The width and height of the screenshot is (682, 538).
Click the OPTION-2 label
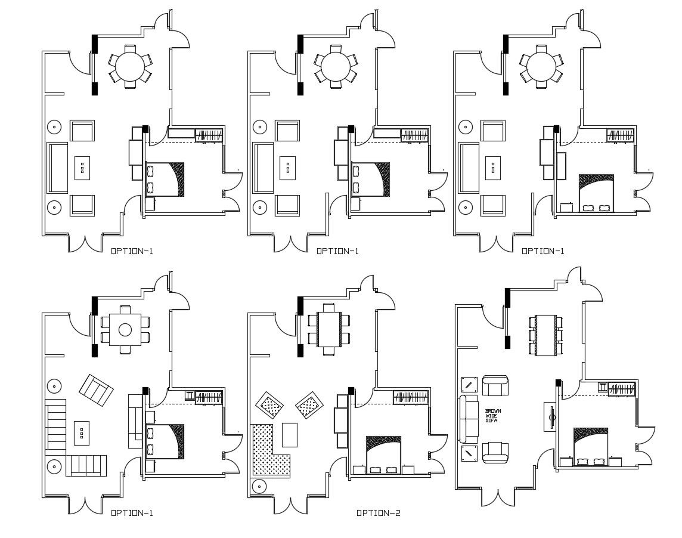pyautogui.click(x=378, y=513)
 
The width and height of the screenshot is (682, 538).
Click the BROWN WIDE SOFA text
pyautogui.click(x=493, y=416)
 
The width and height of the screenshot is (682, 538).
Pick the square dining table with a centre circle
pyautogui.click(x=125, y=329)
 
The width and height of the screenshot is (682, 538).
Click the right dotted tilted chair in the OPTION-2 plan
pyautogui.click(x=309, y=406)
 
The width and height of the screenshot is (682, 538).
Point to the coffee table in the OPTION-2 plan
pyautogui.click(x=290, y=434)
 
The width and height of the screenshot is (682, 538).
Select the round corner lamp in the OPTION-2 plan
pyautogui.click(x=260, y=486)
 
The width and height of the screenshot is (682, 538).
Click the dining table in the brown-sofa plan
pyautogui.click(x=545, y=335)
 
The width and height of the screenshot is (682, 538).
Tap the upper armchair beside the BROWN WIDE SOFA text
pyautogui.click(x=495, y=386)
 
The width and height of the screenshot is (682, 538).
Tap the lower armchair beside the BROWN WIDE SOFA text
pyautogui.click(x=495, y=452)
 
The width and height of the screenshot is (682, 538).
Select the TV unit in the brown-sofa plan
pyautogui.click(x=550, y=416)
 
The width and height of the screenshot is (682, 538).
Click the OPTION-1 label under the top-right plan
pyautogui.click(x=542, y=251)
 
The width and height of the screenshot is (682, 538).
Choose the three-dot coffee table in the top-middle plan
pyautogui.click(x=289, y=168)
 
